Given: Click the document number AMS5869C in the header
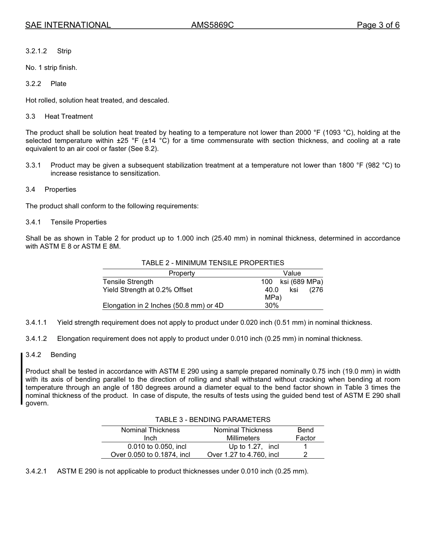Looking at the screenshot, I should pyautogui.click(x=212, y=25).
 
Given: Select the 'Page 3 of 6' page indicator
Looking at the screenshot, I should pyautogui.click(x=378, y=25).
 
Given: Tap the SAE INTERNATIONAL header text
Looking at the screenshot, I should pyautogui.click(x=68, y=25).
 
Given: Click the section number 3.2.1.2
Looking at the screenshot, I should pyautogui.click(x=36, y=51).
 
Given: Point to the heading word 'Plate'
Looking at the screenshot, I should pyautogui.click(x=58, y=84).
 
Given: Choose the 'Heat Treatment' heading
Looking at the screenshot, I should pyautogui.click(x=68, y=116).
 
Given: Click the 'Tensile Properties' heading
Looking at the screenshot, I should pyautogui.click(x=78, y=222).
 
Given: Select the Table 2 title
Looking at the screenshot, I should pyautogui.click(x=212, y=263).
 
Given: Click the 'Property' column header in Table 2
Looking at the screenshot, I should pyautogui.click(x=182, y=273).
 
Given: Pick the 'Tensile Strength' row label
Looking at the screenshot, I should pyautogui.click(x=128, y=282).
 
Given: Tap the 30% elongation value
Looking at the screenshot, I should pyautogui.click(x=272, y=306).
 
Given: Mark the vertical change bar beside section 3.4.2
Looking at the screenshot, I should pyautogui.click(x=21, y=379).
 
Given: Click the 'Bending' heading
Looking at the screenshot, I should pyautogui.click(x=63, y=355).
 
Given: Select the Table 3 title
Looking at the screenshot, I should pyautogui.click(x=212, y=420).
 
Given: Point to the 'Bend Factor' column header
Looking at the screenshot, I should pyautogui.click(x=306, y=434).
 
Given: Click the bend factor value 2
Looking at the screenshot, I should pyautogui.click(x=305, y=455).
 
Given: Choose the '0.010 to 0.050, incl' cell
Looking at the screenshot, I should pyautogui.click(x=157, y=447).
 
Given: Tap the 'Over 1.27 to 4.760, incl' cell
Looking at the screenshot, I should pyautogui.click(x=243, y=455).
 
